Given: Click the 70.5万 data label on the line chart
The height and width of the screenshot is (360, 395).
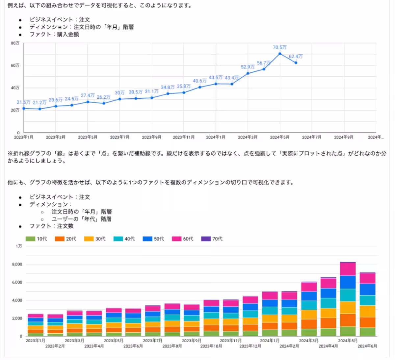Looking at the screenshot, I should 279,47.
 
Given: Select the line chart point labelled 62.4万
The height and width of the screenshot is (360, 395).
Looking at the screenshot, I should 296,63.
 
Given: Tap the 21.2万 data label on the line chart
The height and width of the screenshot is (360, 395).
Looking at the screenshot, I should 39,103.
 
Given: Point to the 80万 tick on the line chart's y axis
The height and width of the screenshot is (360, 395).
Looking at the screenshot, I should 15,43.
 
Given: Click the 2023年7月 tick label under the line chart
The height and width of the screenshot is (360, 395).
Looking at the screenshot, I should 119,137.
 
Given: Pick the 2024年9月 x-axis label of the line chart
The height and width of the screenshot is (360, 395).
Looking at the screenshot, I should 344,137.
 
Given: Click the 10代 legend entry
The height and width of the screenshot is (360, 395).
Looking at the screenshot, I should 37,239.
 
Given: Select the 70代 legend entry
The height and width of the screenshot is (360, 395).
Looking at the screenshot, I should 212,239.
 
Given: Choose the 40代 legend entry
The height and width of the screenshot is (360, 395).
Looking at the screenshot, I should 124,239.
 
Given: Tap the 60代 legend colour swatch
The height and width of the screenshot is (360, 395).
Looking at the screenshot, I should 177,239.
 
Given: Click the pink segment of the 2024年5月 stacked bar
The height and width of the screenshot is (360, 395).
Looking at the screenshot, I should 348,269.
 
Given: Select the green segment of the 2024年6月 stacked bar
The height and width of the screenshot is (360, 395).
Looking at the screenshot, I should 367,332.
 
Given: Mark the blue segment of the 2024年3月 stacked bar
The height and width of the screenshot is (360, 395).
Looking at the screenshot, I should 309,296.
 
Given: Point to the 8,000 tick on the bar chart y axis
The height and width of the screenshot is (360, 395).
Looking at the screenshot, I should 17,264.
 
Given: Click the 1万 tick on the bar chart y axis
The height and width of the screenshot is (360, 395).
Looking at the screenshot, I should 19,246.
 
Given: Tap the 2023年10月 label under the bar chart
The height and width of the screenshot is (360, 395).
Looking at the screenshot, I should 211,346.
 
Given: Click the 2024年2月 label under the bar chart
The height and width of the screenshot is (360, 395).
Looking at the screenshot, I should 289,346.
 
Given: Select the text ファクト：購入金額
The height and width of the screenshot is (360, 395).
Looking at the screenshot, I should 54,34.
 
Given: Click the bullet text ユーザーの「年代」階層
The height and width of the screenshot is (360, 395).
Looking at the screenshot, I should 81,219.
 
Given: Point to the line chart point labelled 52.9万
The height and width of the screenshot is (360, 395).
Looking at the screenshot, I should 248,73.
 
